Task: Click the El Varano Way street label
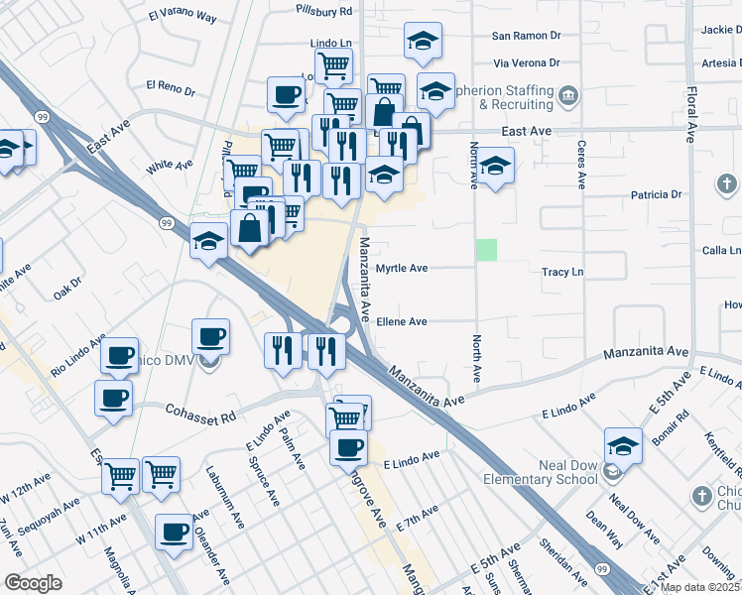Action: pos(182,16)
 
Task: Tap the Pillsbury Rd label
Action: pos(323,11)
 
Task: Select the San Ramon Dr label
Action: pos(527,36)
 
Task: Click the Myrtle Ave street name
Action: pos(402,269)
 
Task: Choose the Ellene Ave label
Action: pos(401,321)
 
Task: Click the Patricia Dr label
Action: pos(650,194)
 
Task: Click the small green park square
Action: pos(486,250)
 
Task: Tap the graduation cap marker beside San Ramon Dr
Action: pos(423,42)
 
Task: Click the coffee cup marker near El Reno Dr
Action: pos(286,95)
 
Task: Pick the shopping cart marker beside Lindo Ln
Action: pos(333,65)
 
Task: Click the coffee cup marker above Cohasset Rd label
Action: pos(113,398)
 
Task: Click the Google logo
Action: pos(33,583)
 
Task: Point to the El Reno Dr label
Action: pos(170,86)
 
